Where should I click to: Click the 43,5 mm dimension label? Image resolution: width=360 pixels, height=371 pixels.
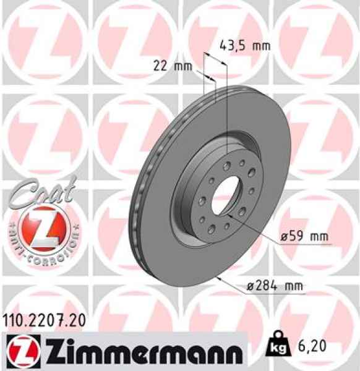pos(245,45)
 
